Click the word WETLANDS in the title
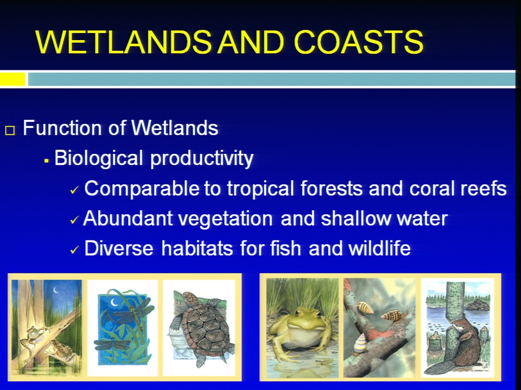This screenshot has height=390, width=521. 123,42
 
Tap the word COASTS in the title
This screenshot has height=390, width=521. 359,42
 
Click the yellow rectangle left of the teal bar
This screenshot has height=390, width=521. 12,79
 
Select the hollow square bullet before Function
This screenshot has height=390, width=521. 10,131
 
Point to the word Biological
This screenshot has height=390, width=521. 99,159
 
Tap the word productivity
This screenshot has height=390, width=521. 202,159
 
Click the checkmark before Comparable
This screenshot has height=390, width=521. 74,190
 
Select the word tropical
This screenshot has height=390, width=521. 260,189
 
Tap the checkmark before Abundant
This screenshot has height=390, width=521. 74,220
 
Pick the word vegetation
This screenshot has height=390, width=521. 225,219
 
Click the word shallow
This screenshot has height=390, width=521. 356,218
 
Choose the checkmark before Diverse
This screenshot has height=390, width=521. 74,250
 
